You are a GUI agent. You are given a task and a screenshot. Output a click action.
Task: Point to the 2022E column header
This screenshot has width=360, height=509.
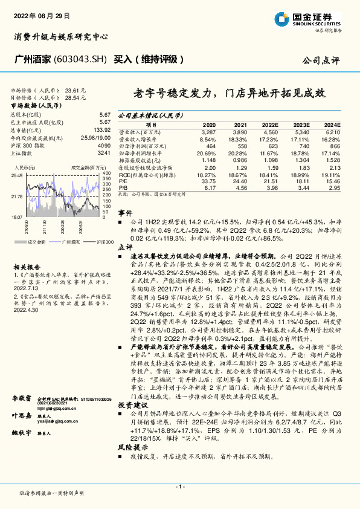coord(269,123)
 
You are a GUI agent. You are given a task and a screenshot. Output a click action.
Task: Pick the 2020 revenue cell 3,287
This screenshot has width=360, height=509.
coord(208,131)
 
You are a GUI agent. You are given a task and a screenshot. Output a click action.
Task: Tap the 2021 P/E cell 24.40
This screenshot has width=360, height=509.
coord(240,181)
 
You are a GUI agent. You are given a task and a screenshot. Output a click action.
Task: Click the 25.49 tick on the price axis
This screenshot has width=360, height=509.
coord(17,175)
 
